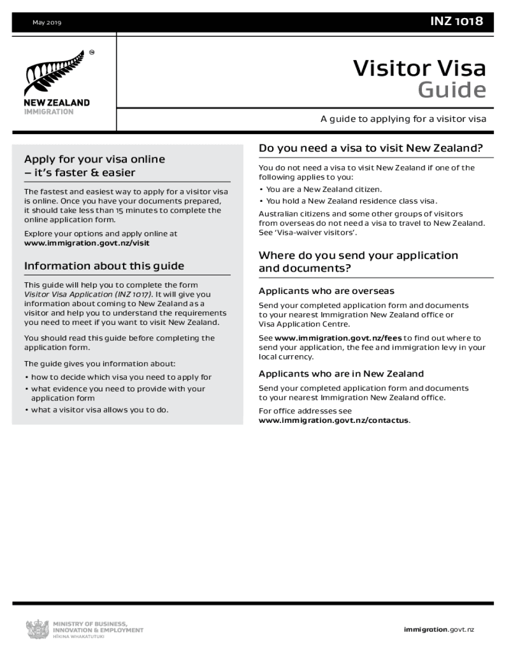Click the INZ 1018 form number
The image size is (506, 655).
point(457,21)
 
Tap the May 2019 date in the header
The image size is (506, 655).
point(47,22)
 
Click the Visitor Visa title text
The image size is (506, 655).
point(420,69)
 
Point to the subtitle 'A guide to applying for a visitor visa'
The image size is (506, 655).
point(403,119)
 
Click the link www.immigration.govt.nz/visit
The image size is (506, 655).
point(87,242)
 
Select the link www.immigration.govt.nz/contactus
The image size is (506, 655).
point(334,420)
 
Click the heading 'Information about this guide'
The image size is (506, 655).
point(104,266)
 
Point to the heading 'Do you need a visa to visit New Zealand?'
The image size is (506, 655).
point(371,148)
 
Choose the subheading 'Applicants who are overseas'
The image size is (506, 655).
point(327,291)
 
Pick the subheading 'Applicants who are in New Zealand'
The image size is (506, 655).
point(341,374)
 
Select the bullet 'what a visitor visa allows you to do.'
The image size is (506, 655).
point(100,410)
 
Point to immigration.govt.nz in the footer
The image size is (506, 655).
point(438,630)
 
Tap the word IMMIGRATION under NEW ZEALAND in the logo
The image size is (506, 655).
point(49,112)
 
